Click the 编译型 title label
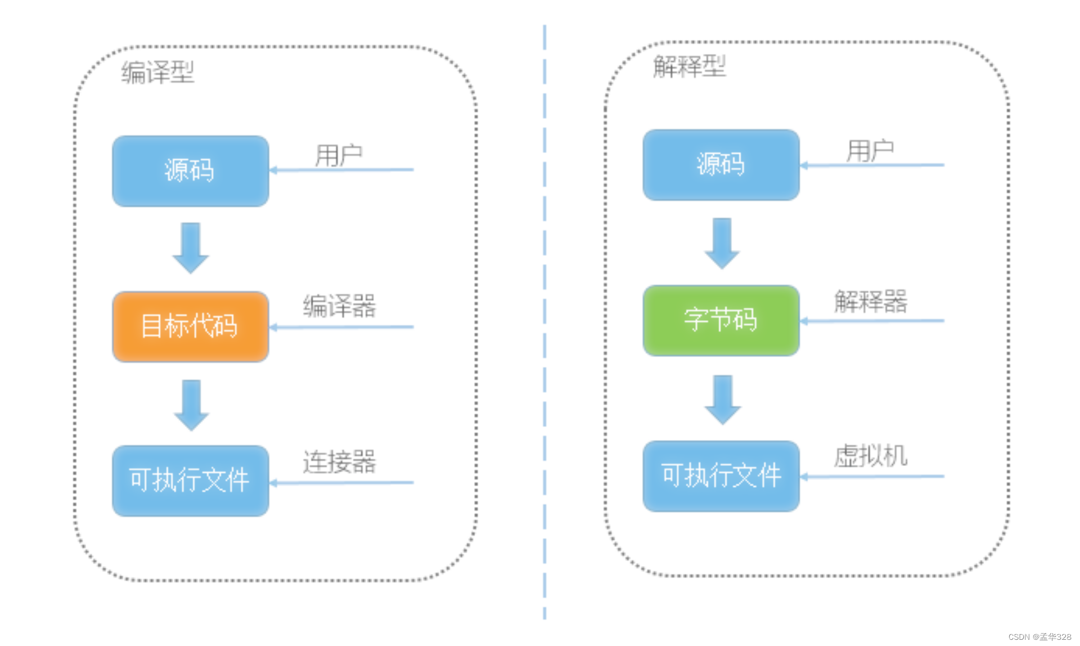point(157,73)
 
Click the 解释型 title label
point(689,66)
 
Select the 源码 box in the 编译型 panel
point(190,171)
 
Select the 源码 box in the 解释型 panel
point(721,165)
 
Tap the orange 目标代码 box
point(190,326)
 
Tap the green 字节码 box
point(721,320)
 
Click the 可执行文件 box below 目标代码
point(190,481)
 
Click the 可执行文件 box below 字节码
point(721,476)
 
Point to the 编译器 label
point(339,306)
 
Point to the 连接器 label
point(339,461)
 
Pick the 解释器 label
point(870,301)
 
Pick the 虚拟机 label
point(870,455)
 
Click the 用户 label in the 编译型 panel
point(338,155)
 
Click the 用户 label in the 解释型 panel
point(870,150)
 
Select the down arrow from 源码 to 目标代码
point(190,248)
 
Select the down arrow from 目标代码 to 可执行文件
point(191,405)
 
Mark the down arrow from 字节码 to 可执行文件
point(722,399)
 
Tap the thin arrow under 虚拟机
point(872,477)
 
